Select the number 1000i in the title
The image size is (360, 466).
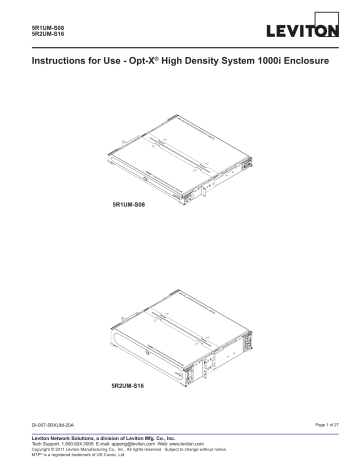(268, 62)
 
